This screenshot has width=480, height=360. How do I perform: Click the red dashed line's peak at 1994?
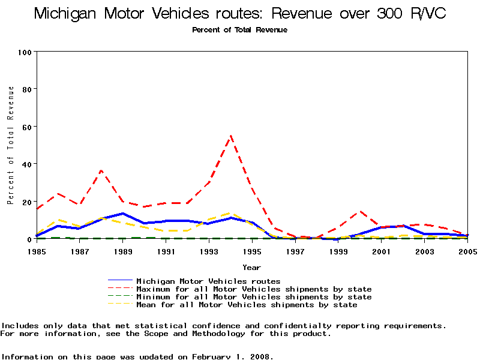[230, 136]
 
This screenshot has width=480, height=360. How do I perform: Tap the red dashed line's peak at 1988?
[101, 170]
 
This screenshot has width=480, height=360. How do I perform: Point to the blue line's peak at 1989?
[123, 213]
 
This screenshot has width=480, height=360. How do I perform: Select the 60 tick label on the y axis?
[26, 127]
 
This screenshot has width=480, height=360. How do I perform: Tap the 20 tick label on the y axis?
[26, 202]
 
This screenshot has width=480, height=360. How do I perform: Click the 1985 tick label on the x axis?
[37, 251]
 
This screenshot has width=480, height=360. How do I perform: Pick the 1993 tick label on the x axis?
[209, 251]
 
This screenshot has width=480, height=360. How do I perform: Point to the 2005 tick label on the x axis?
[467, 251]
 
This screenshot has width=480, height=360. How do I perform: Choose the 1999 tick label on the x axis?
[338, 251]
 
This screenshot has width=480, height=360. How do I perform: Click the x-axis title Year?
[251, 267]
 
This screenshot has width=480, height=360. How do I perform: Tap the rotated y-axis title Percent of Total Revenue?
[11, 145]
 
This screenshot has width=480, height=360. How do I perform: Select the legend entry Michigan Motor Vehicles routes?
[208, 281]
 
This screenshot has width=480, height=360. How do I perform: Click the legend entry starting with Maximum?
[254, 289]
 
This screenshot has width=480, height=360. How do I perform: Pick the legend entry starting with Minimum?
[254, 297]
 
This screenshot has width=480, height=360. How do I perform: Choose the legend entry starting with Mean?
[247, 305]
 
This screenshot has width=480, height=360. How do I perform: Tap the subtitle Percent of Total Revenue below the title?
[239, 30]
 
